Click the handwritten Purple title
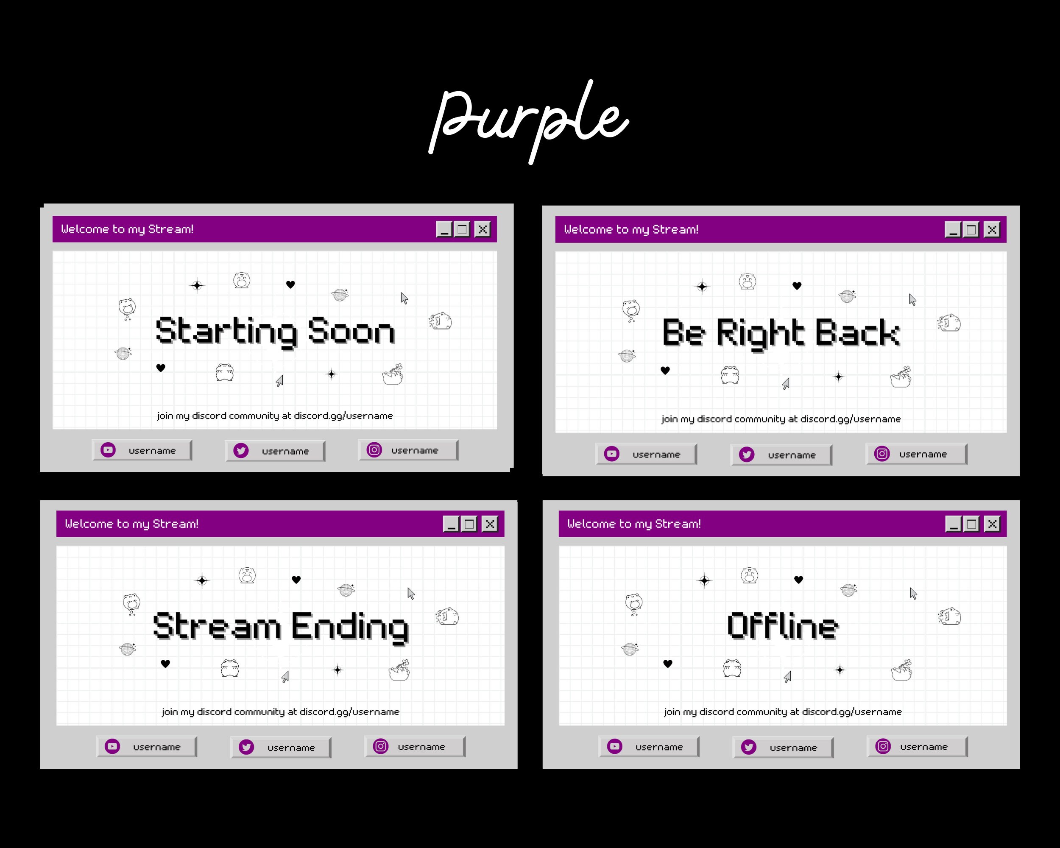[x=529, y=120]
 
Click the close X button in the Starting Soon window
[x=483, y=229]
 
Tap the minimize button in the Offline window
[x=953, y=524]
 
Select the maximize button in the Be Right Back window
[x=971, y=229]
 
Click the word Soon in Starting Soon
[x=351, y=331]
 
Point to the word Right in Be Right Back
[x=760, y=333]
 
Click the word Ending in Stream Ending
[x=349, y=627]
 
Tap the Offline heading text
[x=783, y=626]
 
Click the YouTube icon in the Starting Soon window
[x=108, y=450]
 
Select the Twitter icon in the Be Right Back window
[x=746, y=455]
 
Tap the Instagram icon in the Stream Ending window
[x=380, y=746]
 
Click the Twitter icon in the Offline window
[x=748, y=747]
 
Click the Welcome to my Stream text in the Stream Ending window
[x=131, y=524]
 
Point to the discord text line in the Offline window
[x=783, y=712]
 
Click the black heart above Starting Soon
[x=290, y=284]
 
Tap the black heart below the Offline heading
[x=668, y=664]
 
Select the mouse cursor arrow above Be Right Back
[x=912, y=299]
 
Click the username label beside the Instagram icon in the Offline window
[x=923, y=747]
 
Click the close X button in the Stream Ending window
[x=490, y=524]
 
